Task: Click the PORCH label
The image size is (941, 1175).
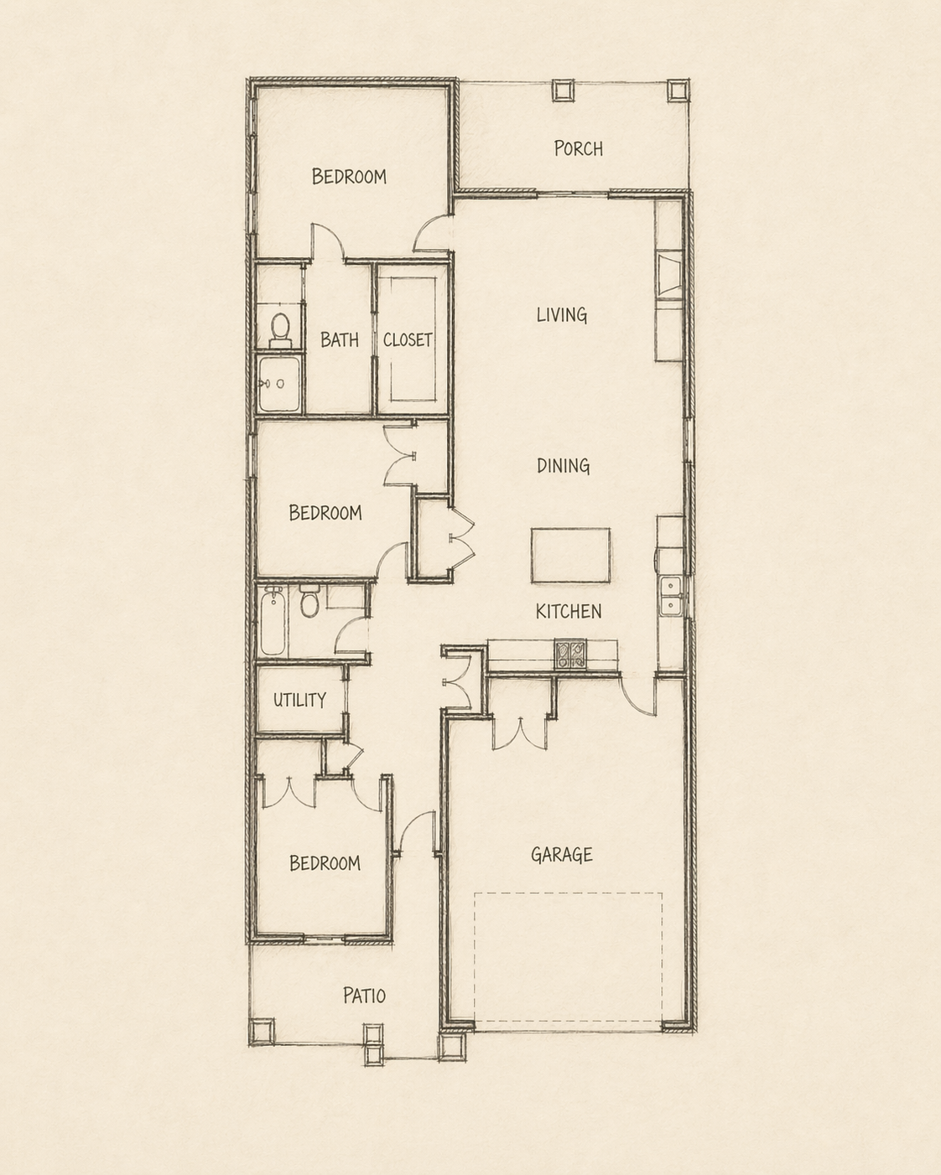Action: pyautogui.click(x=578, y=148)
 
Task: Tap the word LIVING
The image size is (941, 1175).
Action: pyautogui.click(x=561, y=314)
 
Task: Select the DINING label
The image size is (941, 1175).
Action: pyautogui.click(x=563, y=465)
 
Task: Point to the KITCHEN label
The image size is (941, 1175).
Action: pyautogui.click(x=569, y=611)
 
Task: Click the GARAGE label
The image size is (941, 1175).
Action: pyautogui.click(x=561, y=854)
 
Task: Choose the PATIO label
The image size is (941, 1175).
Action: pyautogui.click(x=364, y=995)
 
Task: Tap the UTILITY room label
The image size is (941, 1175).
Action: pyautogui.click(x=299, y=699)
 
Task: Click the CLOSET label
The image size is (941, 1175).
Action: pyautogui.click(x=408, y=339)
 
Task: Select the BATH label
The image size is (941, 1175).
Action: pyautogui.click(x=339, y=339)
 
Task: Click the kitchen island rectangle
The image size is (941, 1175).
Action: pyautogui.click(x=570, y=555)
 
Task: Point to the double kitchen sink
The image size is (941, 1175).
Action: pyautogui.click(x=670, y=595)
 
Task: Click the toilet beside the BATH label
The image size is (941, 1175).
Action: pyautogui.click(x=280, y=330)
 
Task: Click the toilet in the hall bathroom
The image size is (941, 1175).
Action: pyautogui.click(x=309, y=601)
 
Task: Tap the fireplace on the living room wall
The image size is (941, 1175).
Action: pyautogui.click(x=670, y=277)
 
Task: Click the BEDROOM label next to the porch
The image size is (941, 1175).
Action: pyautogui.click(x=349, y=176)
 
